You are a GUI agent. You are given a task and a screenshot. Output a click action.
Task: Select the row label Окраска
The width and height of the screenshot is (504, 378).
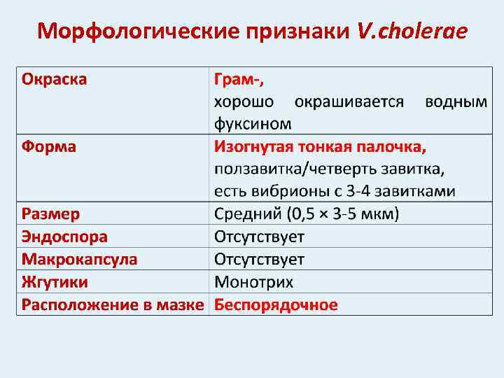(55, 78)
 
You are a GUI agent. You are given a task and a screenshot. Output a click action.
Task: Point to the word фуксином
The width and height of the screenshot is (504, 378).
(252, 124)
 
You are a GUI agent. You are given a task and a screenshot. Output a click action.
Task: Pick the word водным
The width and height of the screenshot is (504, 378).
(456, 101)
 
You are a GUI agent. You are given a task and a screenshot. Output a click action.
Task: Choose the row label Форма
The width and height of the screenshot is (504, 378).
(49, 147)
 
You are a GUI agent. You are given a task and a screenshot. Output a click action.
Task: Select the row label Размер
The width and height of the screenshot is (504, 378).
(50, 213)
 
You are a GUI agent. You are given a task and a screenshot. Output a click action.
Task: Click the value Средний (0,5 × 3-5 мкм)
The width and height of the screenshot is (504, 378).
(306, 213)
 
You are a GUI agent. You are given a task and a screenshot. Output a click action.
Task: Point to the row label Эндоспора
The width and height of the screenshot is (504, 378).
(64, 237)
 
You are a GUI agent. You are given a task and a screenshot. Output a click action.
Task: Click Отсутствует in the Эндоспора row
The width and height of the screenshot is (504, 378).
(259, 237)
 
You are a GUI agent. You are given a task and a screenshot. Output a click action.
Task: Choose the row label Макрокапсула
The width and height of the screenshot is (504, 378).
(79, 260)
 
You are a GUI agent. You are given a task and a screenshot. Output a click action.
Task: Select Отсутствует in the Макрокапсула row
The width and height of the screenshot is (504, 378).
(259, 260)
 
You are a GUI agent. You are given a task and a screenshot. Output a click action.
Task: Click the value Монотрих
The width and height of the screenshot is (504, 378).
(253, 282)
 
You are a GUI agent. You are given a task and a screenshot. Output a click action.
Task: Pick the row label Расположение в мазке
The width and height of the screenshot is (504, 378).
(113, 305)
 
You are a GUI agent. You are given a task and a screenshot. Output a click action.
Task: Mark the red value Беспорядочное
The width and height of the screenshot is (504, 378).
(276, 305)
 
